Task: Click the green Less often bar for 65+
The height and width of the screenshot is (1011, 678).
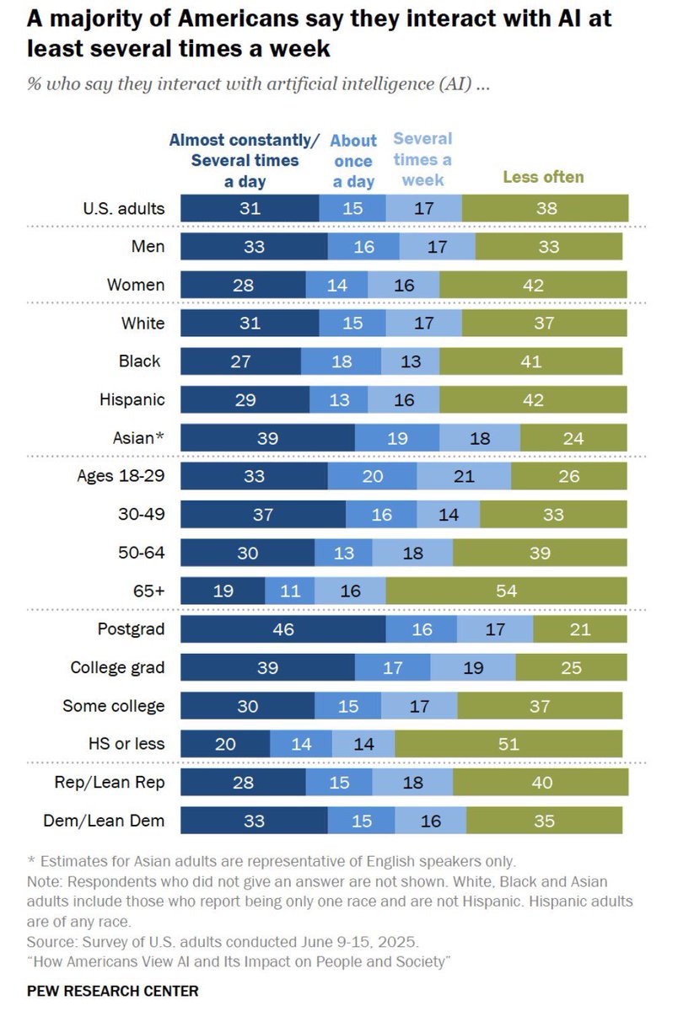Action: tap(507, 591)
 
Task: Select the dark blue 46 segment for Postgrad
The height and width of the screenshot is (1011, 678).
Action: tap(283, 629)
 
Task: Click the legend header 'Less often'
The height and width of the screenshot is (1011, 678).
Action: tap(543, 177)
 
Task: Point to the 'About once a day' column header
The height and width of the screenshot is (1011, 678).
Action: tap(353, 160)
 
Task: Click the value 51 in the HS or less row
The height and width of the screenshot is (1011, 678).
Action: tap(508, 744)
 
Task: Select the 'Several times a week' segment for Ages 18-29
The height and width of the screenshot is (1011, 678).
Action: tap(464, 476)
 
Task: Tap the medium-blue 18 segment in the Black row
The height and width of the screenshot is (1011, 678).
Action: tap(341, 361)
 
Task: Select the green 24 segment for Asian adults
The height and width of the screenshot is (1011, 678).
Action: tap(573, 437)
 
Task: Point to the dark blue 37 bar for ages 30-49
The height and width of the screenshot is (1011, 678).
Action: tap(263, 514)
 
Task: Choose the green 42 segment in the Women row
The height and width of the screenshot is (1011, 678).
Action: tap(533, 284)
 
